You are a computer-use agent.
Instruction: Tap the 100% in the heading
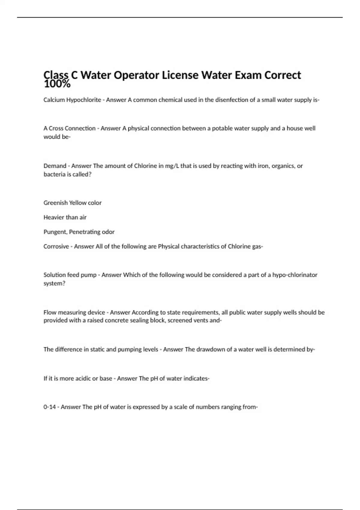tap(57, 84)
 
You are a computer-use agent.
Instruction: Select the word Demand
tap(55, 166)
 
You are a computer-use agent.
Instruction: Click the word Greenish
tap(55, 203)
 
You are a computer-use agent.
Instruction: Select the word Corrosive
tap(56, 246)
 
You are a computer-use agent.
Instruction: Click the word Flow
tap(50, 312)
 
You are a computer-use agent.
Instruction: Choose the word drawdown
tap(211, 349)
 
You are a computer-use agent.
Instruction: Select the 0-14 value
tap(49, 407)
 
